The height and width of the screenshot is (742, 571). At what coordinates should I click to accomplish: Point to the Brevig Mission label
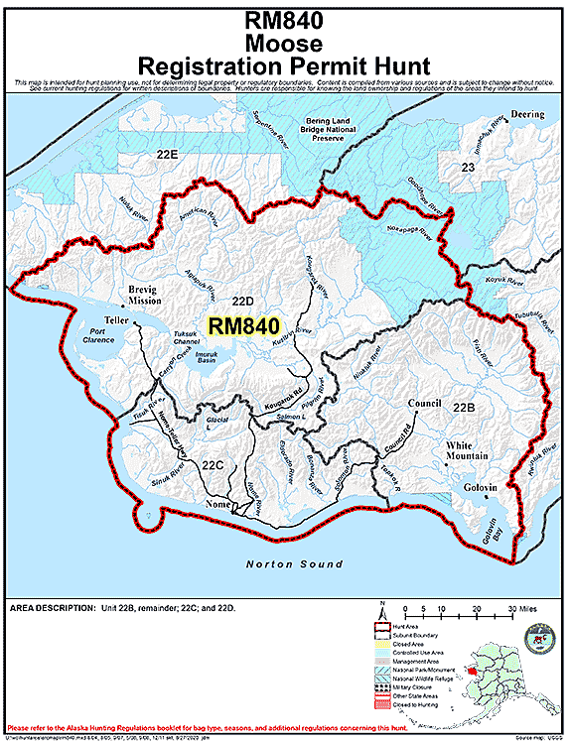(145, 296)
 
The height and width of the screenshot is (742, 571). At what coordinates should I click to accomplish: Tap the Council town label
(424, 404)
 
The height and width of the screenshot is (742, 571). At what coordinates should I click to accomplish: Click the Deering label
(528, 115)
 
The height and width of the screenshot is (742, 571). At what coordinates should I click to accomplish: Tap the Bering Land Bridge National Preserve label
(315, 128)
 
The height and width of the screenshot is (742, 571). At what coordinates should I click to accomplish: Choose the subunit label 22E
(166, 155)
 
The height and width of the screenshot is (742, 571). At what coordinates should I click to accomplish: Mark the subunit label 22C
(212, 463)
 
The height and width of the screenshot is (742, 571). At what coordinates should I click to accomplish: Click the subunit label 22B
(464, 408)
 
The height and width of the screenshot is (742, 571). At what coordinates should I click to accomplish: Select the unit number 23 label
(469, 169)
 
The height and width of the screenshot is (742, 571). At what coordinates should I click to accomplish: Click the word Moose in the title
(285, 44)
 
